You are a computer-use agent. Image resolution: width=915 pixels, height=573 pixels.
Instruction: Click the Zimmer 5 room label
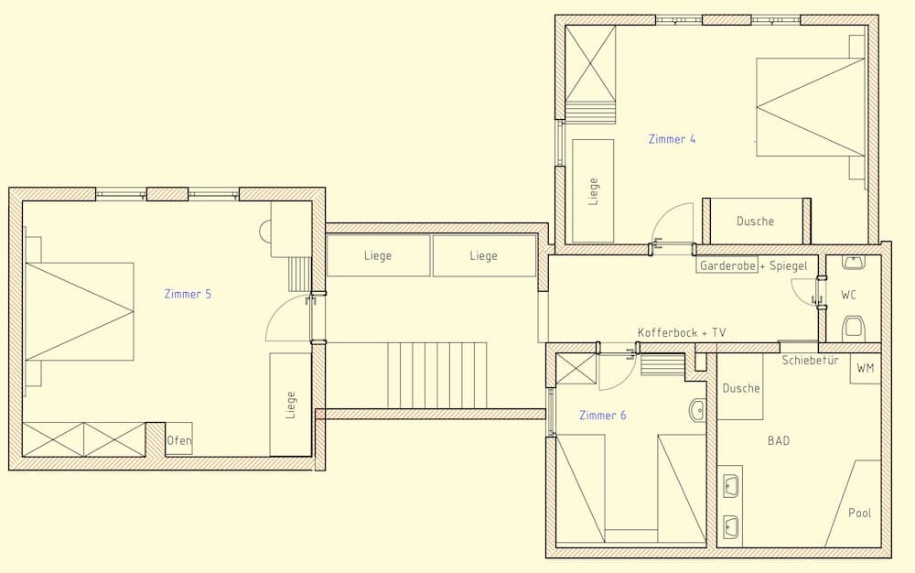point(188,294)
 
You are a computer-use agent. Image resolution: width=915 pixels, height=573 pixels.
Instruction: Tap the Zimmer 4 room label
point(672,139)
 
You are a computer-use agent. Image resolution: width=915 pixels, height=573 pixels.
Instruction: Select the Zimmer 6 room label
point(602,416)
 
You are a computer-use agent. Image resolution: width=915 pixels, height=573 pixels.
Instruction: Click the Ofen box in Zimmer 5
point(179,440)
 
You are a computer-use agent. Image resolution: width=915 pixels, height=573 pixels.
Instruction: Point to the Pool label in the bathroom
point(859,513)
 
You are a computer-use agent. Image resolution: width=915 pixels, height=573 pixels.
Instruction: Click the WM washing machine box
point(865,368)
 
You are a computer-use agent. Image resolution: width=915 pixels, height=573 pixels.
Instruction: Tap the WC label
point(849,295)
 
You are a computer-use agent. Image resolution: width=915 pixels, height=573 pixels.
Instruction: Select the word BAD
point(778,441)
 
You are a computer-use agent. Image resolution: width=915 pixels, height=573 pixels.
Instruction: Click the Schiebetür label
point(810,361)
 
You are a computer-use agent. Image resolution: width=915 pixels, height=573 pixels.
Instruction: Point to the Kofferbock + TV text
point(682,333)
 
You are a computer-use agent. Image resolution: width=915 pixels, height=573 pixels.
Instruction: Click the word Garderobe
point(727,265)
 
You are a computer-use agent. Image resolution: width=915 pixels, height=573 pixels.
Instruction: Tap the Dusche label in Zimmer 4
point(755,222)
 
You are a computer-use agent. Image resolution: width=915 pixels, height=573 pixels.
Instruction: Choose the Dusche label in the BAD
point(740,388)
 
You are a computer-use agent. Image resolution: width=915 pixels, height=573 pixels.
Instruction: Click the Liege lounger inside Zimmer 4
point(593,191)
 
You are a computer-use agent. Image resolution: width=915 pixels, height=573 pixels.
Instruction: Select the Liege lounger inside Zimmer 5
point(291,405)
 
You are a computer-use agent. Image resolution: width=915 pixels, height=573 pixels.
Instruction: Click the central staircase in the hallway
point(436,375)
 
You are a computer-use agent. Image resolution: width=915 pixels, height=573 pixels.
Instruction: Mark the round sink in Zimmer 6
point(697,410)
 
